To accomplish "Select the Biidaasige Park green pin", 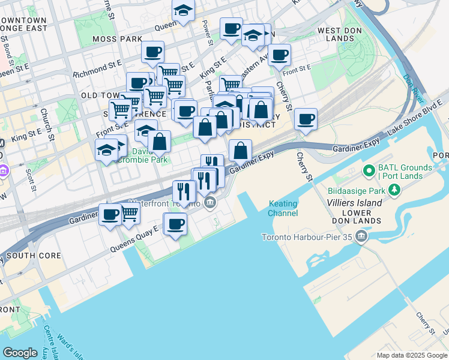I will click(394, 191).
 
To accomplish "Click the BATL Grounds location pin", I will click(368, 172).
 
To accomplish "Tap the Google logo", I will click(20, 353).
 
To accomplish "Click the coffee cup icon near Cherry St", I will click(306, 118).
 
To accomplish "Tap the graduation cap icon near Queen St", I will click(183, 10).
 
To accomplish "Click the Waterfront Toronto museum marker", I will click(210, 203).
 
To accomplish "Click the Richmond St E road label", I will click(97, 75).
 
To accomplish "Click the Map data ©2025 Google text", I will click(412, 355).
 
